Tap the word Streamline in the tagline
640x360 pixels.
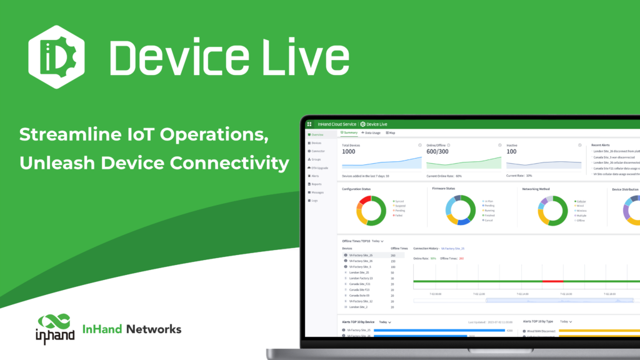(x=69, y=134)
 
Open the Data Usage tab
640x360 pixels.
(x=372, y=132)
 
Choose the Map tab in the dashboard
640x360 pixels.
(x=392, y=132)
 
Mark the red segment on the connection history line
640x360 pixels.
(x=552, y=281)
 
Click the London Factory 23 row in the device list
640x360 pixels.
(x=361, y=278)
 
